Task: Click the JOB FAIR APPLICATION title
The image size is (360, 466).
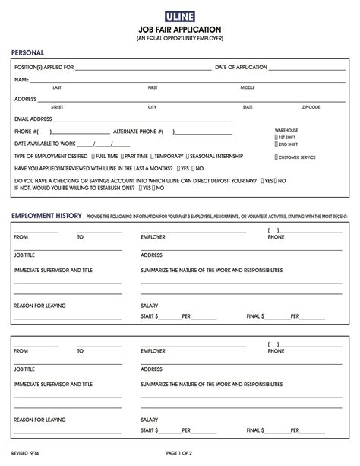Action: (179, 30)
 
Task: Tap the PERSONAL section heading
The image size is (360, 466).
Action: (27, 53)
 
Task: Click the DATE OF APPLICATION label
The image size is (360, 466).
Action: (241, 67)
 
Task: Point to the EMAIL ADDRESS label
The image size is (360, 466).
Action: (33, 119)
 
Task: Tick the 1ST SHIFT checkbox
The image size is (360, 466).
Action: (276, 138)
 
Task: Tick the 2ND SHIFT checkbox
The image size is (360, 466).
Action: (276, 144)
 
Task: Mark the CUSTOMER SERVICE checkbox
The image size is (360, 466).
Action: (276, 157)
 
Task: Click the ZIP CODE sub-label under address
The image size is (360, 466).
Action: (311, 107)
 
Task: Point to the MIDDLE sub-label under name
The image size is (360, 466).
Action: (248, 87)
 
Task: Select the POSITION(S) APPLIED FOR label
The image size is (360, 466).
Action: (44, 67)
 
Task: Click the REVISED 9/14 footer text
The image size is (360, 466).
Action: (27, 452)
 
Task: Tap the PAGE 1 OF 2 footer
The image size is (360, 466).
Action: (179, 452)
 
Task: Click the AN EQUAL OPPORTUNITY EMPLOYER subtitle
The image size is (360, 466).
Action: (179, 38)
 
